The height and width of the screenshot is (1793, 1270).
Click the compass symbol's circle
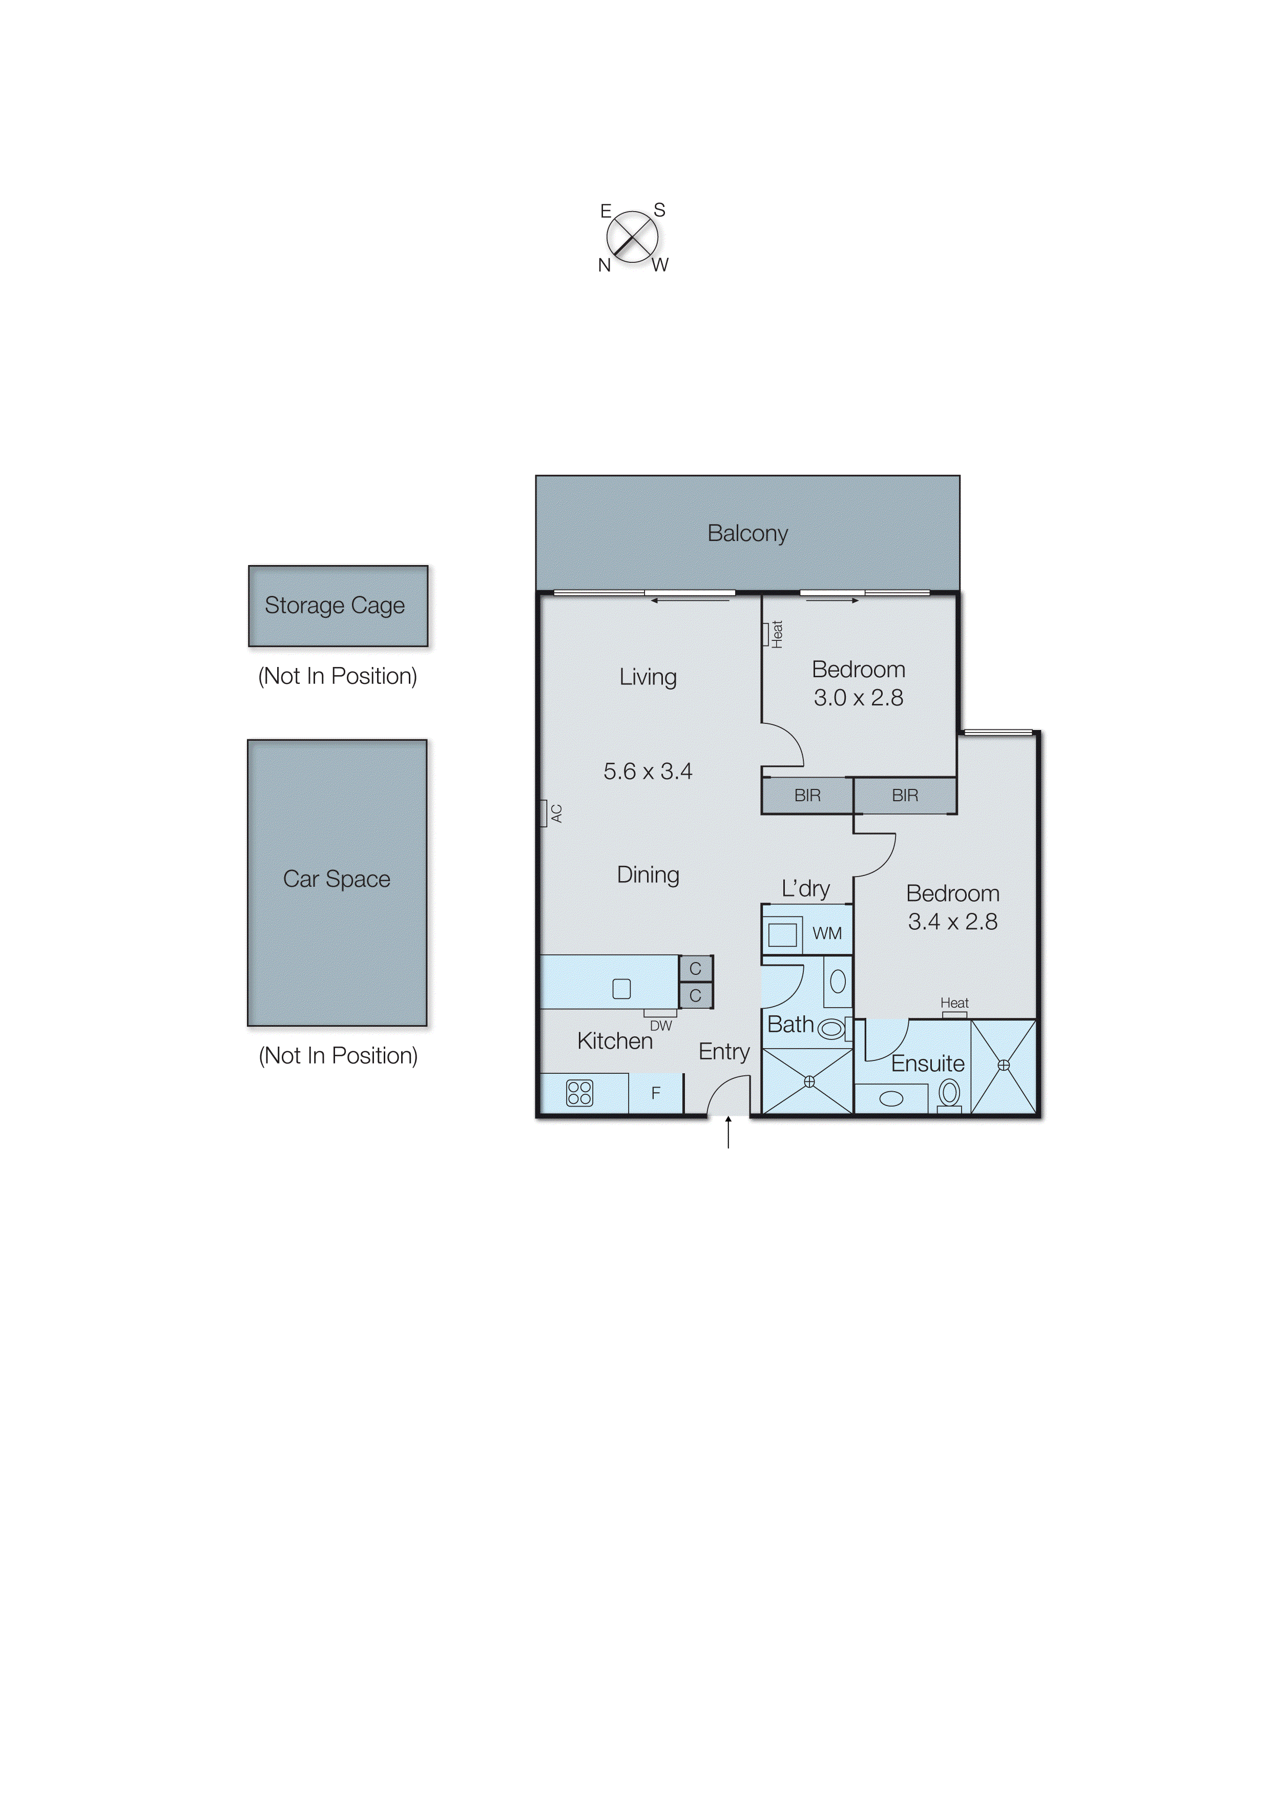point(632,236)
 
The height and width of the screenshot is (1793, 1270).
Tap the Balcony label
point(747,533)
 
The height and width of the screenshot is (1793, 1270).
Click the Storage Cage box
point(338,606)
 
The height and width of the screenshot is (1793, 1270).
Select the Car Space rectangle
point(337,882)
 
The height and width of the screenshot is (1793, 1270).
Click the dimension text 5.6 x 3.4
point(648,772)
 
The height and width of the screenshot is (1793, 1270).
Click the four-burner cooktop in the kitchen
point(579,1092)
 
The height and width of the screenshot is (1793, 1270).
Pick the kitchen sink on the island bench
point(622,989)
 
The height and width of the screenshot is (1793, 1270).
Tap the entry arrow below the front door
point(728,1132)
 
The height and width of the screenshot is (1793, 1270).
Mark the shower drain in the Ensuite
point(1003,1065)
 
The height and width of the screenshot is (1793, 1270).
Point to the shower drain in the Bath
point(809,1081)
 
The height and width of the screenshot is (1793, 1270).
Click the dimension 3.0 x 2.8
point(858,698)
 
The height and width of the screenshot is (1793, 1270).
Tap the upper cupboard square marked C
point(695,969)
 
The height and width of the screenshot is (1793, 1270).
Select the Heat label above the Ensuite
point(954,1003)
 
